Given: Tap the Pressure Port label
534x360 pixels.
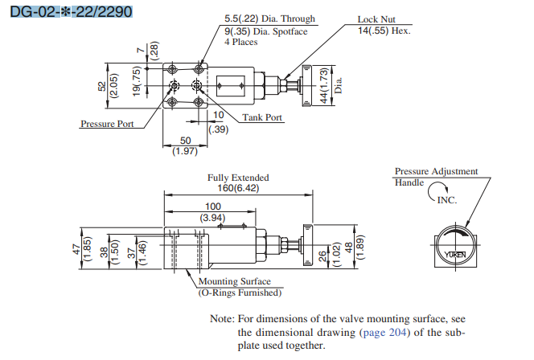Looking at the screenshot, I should (x=107, y=124).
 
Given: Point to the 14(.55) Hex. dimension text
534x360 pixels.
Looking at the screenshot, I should (x=384, y=31).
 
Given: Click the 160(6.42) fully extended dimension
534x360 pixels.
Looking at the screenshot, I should (x=239, y=188).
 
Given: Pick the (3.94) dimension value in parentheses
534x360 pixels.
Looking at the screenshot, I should (x=214, y=218).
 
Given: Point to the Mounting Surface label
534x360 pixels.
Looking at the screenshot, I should (x=233, y=282).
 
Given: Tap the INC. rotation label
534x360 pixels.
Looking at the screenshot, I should (x=446, y=199).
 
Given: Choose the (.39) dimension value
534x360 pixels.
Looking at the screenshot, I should (x=218, y=129).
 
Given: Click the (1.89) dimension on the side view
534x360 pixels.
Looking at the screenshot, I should (x=362, y=252).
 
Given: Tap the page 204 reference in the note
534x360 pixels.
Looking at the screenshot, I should (x=385, y=332).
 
